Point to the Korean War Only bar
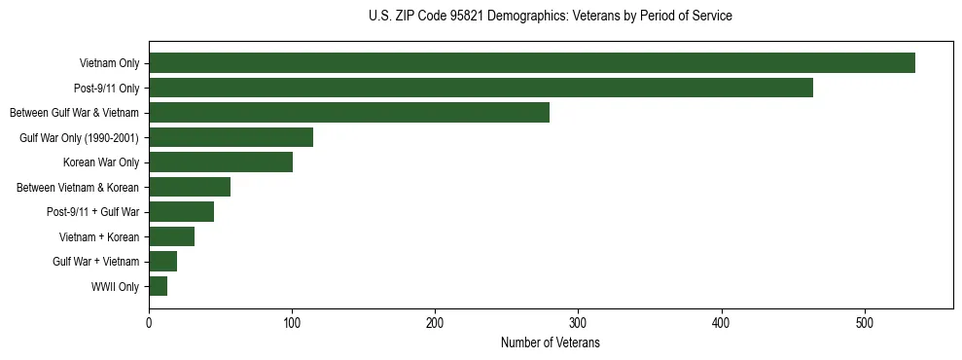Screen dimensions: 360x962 click(221, 162)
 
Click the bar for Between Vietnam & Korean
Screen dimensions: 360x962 click(190, 187)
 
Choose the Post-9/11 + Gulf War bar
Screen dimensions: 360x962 click(181, 211)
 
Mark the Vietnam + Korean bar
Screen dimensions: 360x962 click(171, 236)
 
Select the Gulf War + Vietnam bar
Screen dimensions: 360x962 click(162, 261)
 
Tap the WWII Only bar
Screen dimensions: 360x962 click(158, 286)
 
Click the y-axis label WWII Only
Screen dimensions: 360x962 click(115, 287)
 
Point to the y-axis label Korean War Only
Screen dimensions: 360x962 click(101, 162)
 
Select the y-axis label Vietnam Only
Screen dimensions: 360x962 click(109, 64)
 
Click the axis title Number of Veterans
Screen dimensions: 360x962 click(550, 343)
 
